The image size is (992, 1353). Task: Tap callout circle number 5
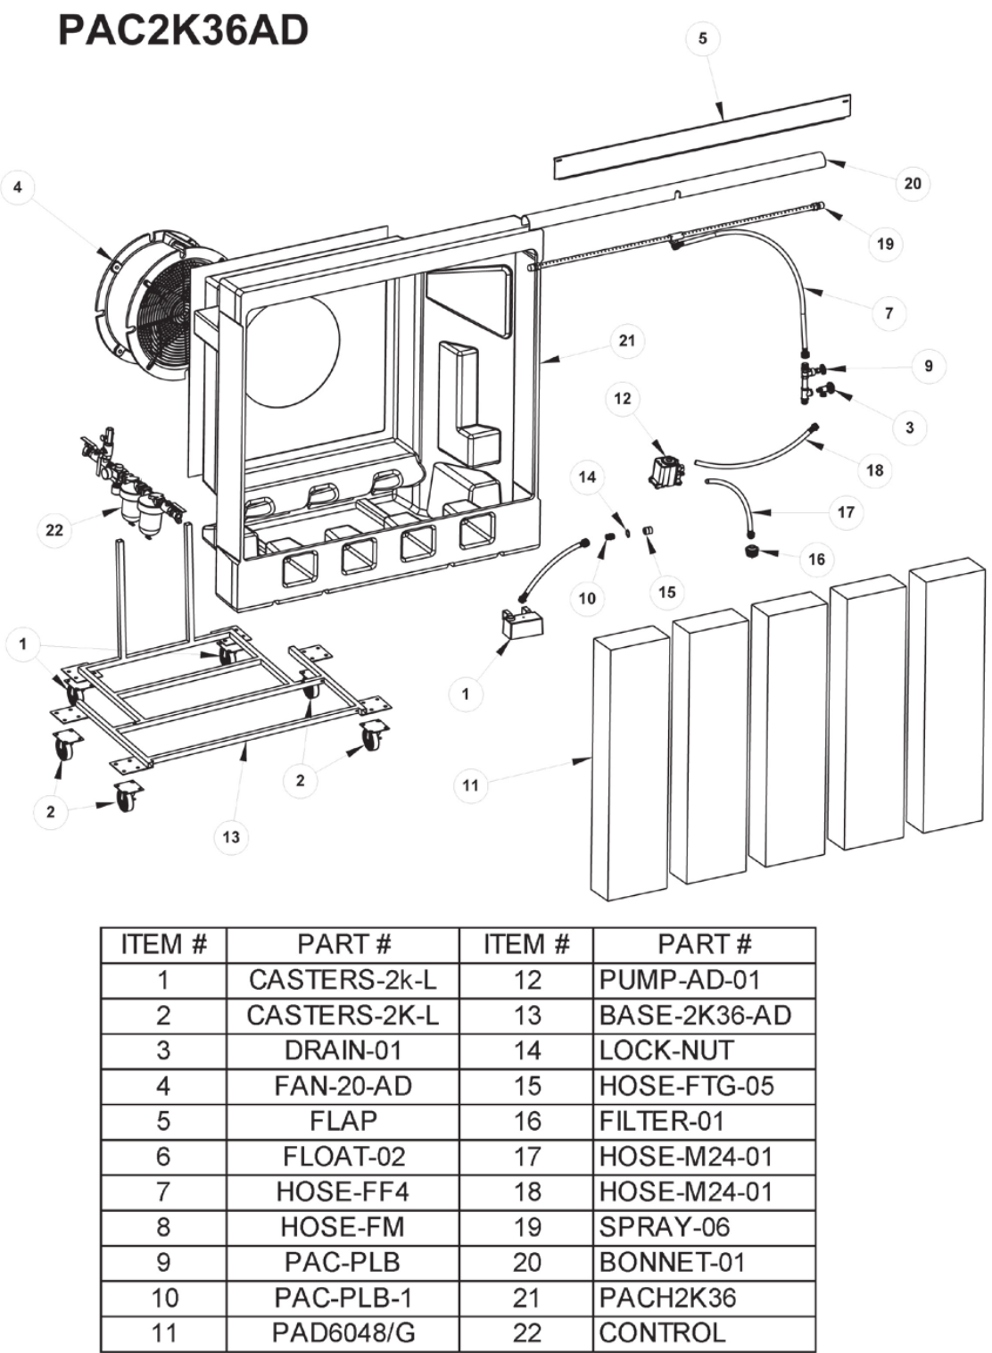click(702, 38)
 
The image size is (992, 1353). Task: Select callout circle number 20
click(912, 183)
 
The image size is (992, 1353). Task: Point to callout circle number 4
click(17, 187)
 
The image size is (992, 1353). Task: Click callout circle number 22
click(54, 530)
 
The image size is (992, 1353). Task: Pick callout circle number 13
click(231, 837)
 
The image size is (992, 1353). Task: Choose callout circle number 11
click(470, 785)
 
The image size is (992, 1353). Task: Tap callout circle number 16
click(816, 560)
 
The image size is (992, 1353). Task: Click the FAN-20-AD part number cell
click(343, 1086)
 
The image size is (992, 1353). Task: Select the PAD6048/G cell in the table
click(343, 1333)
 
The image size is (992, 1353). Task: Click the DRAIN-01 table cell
click(343, 1050)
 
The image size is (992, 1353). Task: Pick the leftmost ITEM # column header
click(163, 944)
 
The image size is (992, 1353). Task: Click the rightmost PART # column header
click(704, 944)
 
